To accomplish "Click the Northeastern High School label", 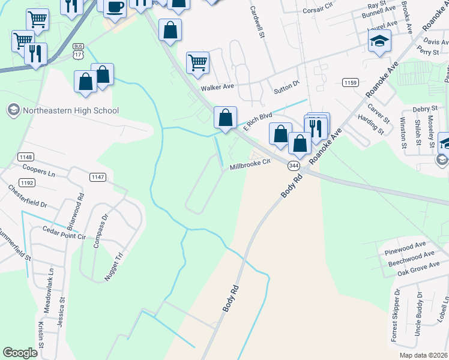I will coord(71,110).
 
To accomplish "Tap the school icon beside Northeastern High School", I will coord(13,110).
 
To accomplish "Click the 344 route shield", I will coord(294,165).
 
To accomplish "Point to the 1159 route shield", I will coord(350,82).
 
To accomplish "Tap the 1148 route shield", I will coord(26,157).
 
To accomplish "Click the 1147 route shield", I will coord(98,177).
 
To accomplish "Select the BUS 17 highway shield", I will coord(78,50).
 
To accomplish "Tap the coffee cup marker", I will coord(115,8).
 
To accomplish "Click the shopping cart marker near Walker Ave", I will coord(197,62).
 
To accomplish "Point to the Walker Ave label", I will coord(217,88).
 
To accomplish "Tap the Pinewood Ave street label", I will coord(406,245).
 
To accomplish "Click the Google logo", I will coord(20,353).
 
